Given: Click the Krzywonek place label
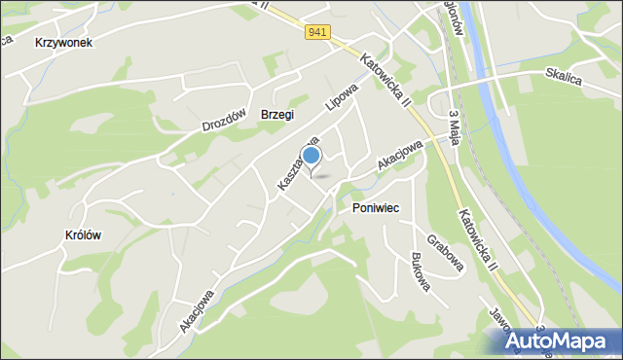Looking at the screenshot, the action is (x=63, y=43).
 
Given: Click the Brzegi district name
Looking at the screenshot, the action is (x=277, y=114).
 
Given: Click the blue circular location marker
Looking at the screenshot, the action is (x=311, y=156).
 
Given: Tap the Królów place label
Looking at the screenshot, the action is (x=84, y=234).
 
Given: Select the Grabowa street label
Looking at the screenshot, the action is (x=443, y=250).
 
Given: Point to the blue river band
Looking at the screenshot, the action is (x=545, y=195).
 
